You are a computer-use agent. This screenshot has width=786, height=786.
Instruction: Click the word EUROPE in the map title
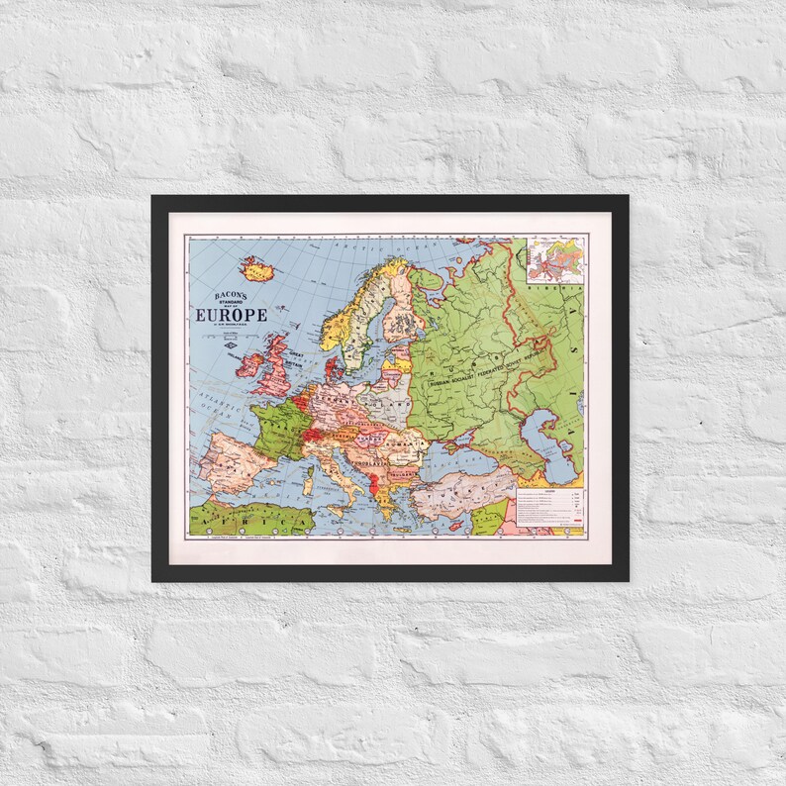click(231, 315)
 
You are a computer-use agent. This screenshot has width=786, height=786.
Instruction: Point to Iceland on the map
click(257, 268)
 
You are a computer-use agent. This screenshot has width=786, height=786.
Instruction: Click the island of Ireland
click(248, 363)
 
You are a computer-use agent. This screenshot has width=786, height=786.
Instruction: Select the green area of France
click(278, 427)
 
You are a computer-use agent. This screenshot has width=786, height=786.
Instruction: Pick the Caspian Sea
click(545, 433)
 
